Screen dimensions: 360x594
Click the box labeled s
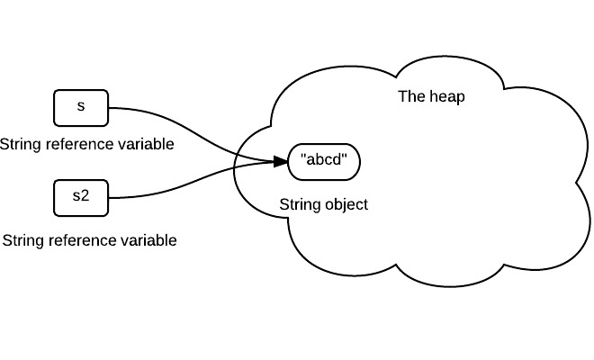81,107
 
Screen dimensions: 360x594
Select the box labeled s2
81,197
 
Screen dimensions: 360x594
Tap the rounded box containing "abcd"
324,162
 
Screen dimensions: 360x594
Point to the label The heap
431,96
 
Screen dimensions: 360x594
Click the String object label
324,204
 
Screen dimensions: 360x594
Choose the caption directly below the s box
86,144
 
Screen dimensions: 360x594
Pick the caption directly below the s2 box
89,240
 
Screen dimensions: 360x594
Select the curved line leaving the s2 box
180,190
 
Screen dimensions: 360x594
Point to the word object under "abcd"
346,204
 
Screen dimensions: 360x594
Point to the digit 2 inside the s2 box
85,197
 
